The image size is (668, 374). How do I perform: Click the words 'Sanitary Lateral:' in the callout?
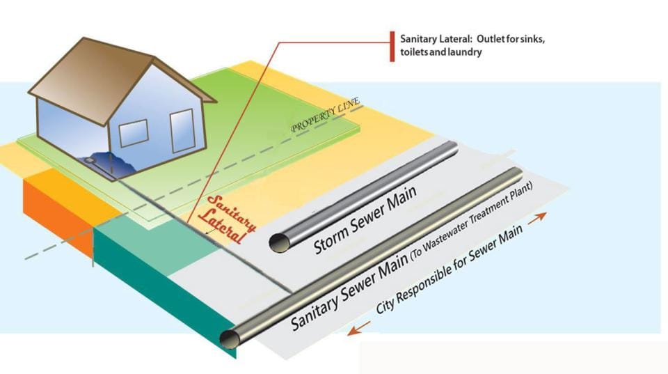tap(429, 38)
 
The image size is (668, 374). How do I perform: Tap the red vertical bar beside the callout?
tap(392, 46)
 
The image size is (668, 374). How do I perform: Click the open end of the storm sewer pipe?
tap(279, 242)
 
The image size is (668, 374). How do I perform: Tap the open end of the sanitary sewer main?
tap(229, 339)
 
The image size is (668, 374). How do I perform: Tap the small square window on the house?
tap(134, 132)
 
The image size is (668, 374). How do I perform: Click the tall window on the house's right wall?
tap(182, 130)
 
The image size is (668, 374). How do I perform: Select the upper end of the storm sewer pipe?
tap(453, 146)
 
